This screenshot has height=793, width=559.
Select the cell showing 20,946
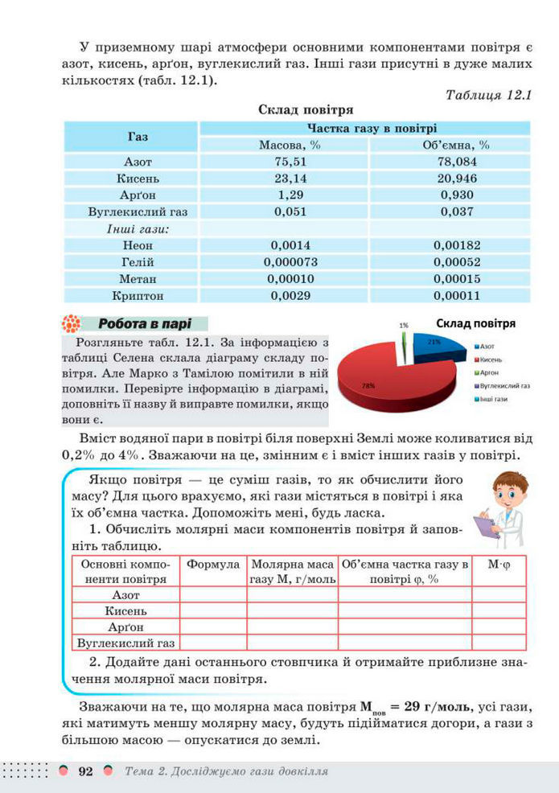450,178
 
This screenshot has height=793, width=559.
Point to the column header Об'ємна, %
450,145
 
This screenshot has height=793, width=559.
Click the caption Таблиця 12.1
488,95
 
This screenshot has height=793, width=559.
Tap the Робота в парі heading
144,324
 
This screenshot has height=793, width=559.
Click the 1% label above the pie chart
403,325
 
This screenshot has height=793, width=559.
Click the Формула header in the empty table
213,565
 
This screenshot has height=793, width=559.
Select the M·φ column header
499,565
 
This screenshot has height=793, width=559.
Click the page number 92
85,772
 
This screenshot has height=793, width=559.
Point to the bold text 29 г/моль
431,707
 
